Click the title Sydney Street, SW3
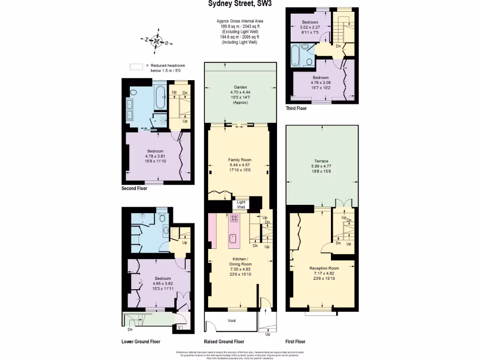(240, 4)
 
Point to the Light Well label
(241, 204)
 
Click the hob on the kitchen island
(234, 218)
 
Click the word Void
(232, 321)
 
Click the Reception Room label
(324, 268)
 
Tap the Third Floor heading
(296, 108)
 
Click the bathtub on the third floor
(296, 55)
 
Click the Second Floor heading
(134, 188)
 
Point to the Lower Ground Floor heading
(141, 342)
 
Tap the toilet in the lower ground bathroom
(162, 218)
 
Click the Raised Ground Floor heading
(224, 342)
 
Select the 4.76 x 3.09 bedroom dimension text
(321, 82)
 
